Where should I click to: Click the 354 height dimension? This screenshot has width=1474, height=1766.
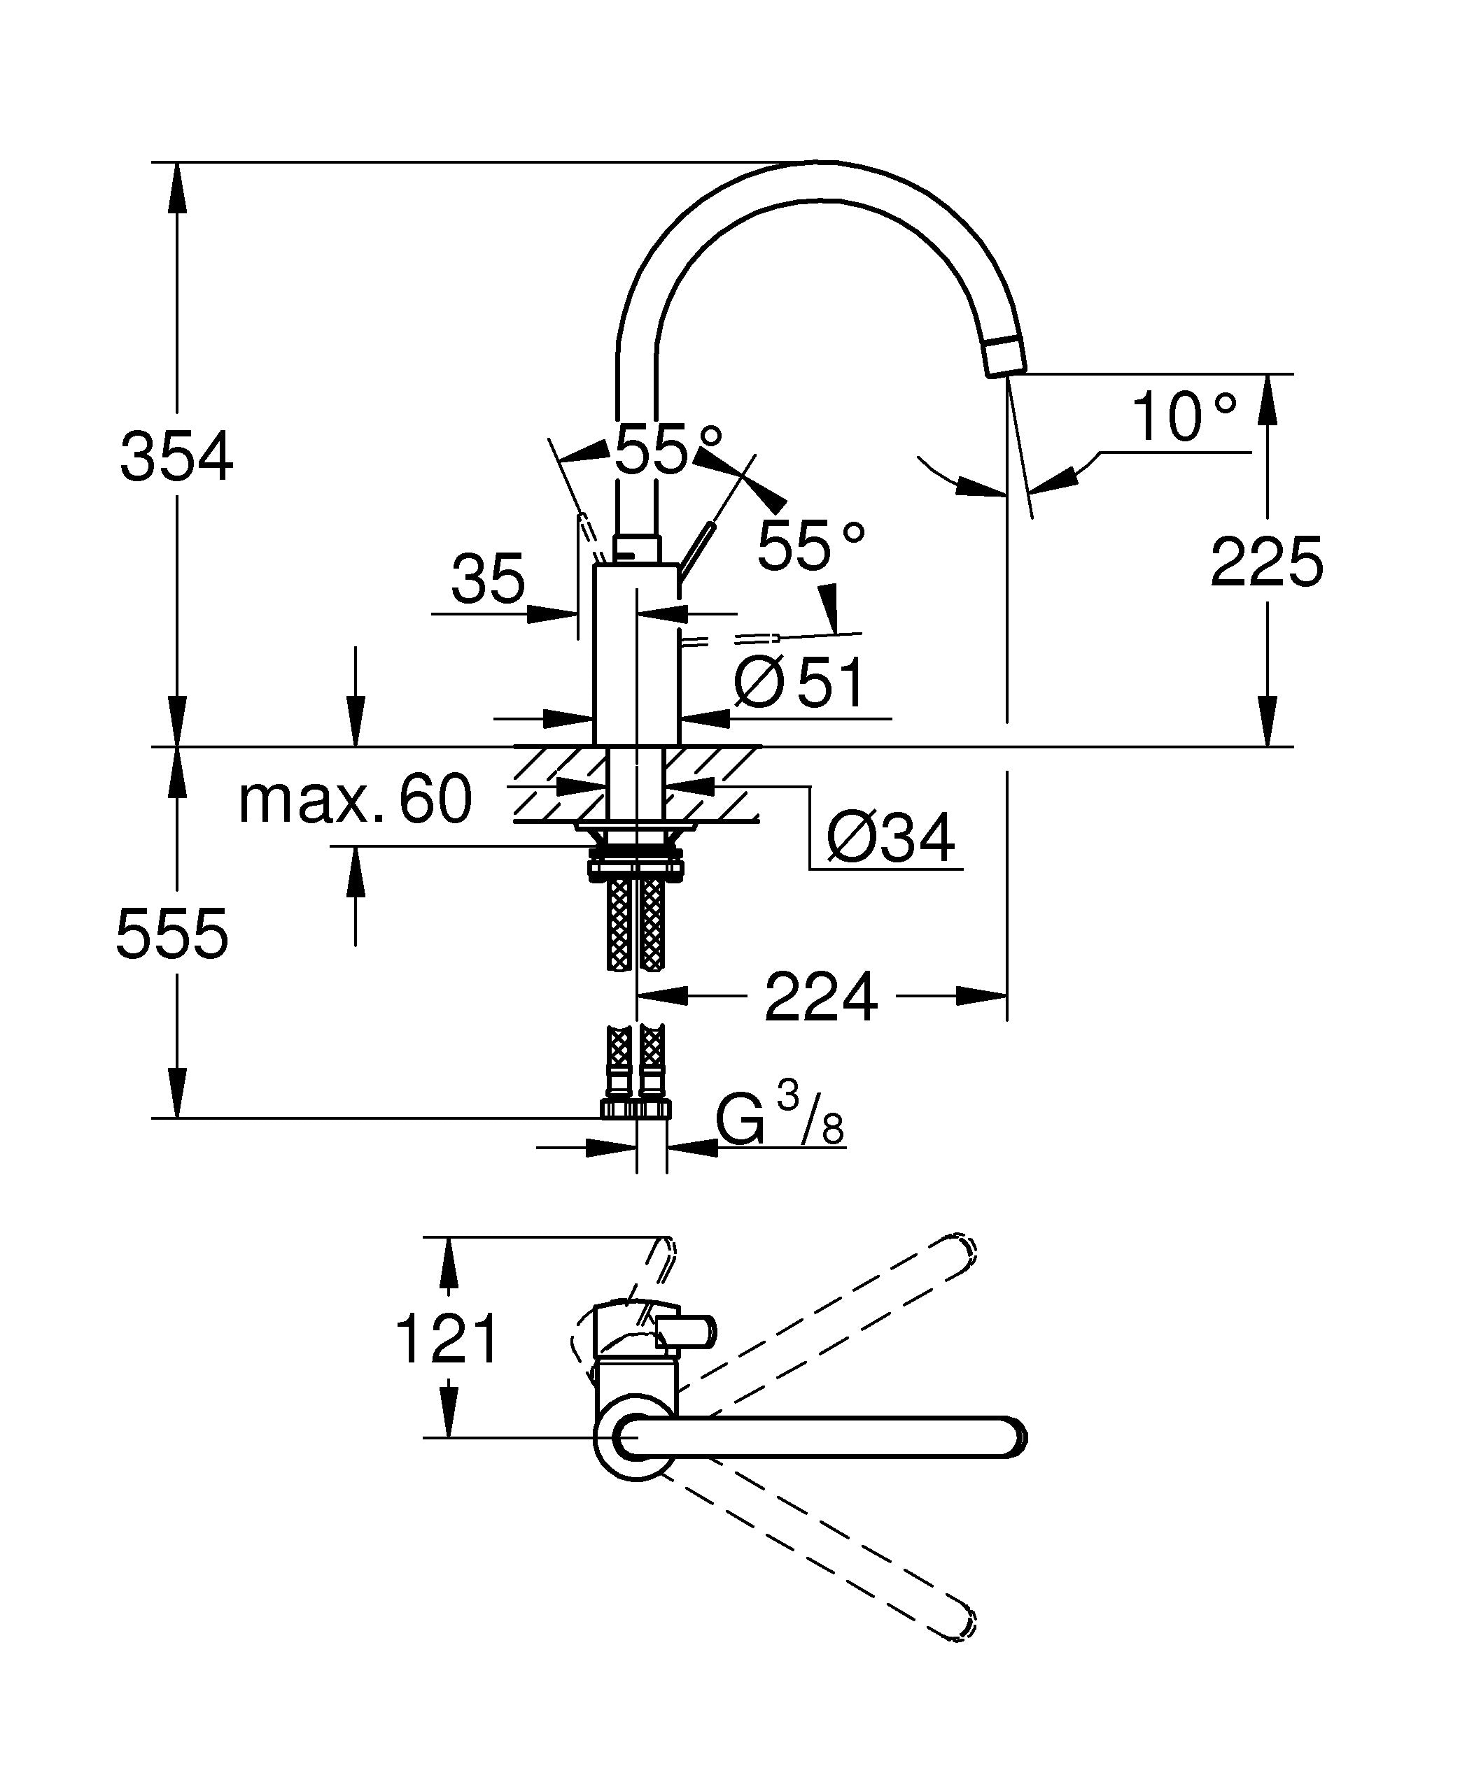pyautogui.click(x=176, y=457)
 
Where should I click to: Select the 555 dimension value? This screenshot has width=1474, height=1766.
pyautogui.click(x=171, y=934)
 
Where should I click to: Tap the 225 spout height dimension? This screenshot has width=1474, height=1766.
pyautogui.click(x=1266, y=561)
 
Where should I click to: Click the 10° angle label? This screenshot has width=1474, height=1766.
pyautogui.click(x=1184, y=416)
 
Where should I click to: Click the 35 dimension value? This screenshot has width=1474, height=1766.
pyautogui.click(x=488, y=578)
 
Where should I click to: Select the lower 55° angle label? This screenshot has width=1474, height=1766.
pyautogui.click(x=811, y=545)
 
